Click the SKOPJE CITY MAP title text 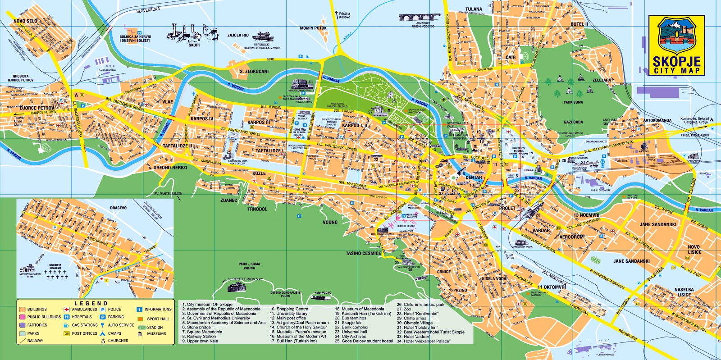click(x=677, y=65)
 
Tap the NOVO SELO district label click(x=25, y=21)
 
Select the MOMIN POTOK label click(x=313, y=28)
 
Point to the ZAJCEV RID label click(x=237, y=35)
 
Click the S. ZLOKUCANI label click(x=254, y=72)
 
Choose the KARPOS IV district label click(x=201, y=119)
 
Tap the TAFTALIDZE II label click(x=177, y=146)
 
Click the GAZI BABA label click(x=573, y=122)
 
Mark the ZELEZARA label click(x=601, y=80)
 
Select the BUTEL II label click(x=579, y=24)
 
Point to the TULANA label click(x=474, y=9)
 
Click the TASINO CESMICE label click(x=363, y=253)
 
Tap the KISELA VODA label click(x=494, y=278)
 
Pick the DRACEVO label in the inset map click(x=118, y=208)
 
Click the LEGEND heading click(x=91, y=303)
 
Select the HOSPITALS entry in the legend click(x=82, y=317)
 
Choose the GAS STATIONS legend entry click(x=84, y=325)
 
